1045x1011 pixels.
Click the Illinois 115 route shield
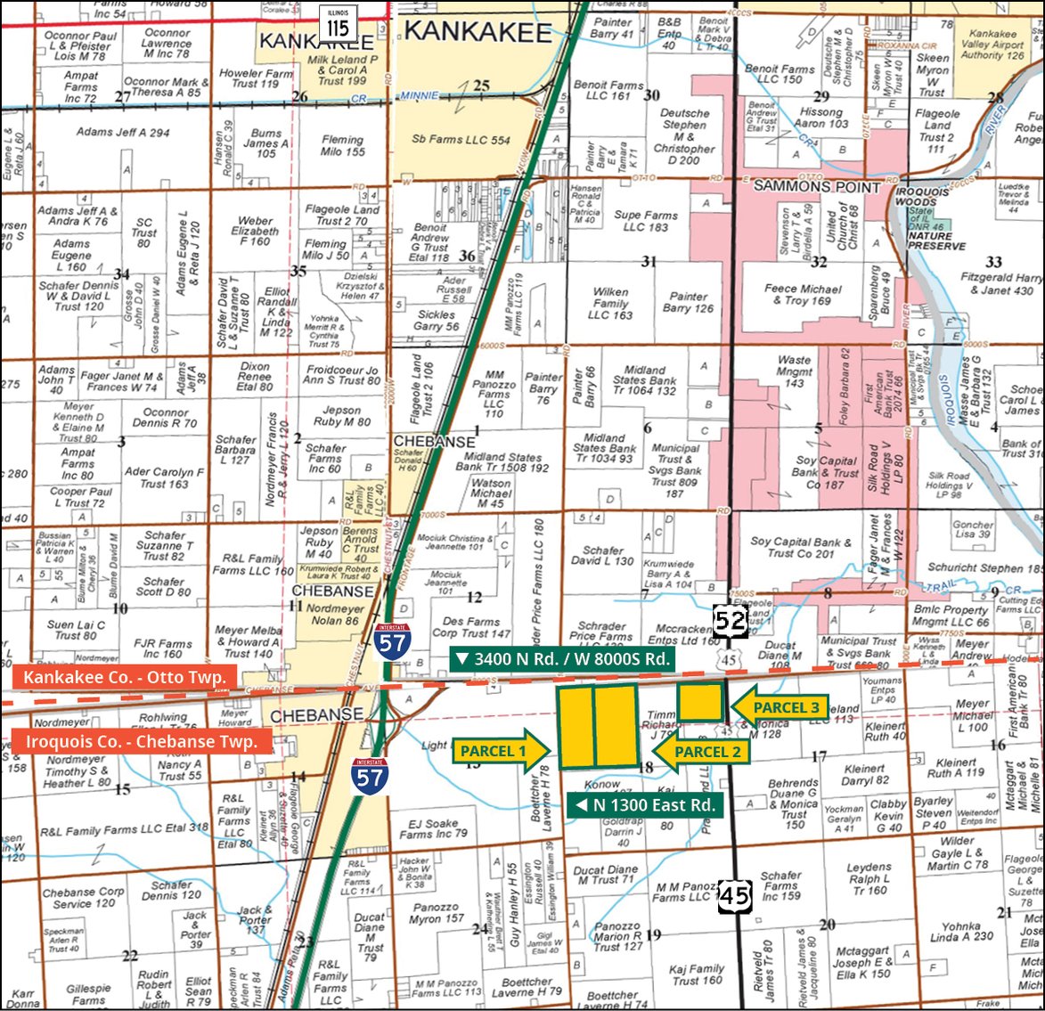click(338, 23)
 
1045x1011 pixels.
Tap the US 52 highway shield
click(730, 621)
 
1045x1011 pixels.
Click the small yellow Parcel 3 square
click(699, 702)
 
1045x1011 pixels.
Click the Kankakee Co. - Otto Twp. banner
click(125, 677)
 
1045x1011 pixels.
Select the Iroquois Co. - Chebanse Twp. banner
click(141, 741)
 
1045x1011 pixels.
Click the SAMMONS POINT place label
click(816, 187)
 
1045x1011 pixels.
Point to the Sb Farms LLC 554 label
click(461, 140)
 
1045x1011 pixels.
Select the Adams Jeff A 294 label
click(123, 132)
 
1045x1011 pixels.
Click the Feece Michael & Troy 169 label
click(802, 295)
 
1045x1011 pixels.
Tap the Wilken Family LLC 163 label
click(610, 303)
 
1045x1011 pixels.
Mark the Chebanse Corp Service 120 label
click(84, 897)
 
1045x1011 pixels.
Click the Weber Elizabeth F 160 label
click(255, 231)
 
